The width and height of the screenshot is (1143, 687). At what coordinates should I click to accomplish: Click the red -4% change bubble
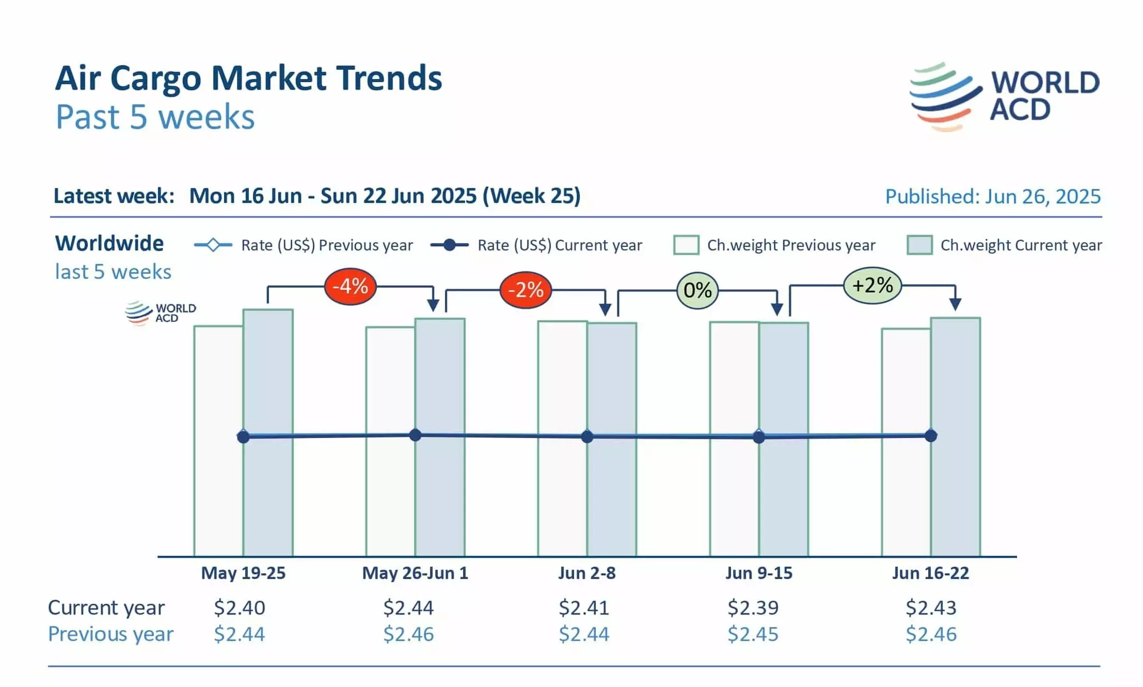tap(350, 286)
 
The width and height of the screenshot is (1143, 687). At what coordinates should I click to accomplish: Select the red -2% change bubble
tap(526, 290)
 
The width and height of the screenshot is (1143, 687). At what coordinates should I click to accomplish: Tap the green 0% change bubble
tap(697, 290)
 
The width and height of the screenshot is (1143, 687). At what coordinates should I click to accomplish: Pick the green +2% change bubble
tap(872, 285)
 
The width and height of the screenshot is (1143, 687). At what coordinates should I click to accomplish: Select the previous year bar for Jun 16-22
tap(906, 491)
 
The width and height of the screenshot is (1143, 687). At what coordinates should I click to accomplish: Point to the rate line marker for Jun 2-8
tap(587, 437)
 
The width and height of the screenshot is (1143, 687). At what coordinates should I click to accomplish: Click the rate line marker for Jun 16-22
tap(931, 436)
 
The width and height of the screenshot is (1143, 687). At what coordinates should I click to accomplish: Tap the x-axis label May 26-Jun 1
tap(415, 573)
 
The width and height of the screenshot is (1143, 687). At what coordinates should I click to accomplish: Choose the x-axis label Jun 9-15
tap(758, 573)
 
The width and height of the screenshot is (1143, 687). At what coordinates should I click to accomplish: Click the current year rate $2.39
tap(753, 608)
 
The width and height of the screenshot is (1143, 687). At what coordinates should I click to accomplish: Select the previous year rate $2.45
tap(753, 634)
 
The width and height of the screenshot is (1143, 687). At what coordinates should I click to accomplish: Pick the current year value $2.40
tap(240, 608)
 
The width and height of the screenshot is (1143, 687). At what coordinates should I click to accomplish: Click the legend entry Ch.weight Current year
tap(1004, 245)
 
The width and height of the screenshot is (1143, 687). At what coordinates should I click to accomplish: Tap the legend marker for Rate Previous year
tap(213, 245)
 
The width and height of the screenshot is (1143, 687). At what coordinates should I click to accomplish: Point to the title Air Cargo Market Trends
tap(248, 79)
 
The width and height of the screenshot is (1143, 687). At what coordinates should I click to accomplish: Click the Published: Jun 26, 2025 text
tap(993, 197)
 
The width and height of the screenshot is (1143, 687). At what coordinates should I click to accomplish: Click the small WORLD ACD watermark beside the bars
tap(161, 313)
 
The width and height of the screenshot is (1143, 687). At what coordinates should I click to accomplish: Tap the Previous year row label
tap(110, 634)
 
